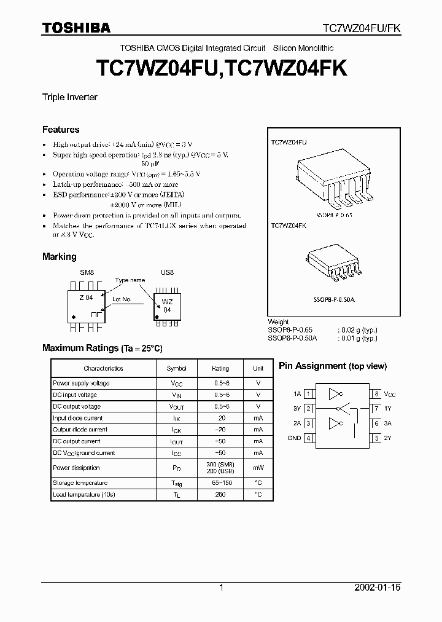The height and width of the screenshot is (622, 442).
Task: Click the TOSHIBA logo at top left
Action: [76, 27]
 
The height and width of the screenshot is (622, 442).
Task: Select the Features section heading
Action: [61, 130]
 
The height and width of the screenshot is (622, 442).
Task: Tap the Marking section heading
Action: [60, 256]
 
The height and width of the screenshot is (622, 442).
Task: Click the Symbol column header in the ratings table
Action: [176, 368]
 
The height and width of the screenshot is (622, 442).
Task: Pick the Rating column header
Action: [220, 368]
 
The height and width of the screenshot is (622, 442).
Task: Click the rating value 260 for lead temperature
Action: [220, 494]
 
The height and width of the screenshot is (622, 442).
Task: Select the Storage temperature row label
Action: [80, 483]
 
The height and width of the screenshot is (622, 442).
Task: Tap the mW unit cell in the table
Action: [258, 467]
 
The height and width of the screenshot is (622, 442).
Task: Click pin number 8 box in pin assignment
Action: [376, 393]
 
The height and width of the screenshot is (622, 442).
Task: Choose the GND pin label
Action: [294, 438]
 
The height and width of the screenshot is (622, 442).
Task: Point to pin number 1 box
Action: [309, 393]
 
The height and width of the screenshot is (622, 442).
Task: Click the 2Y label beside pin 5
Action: [388, 438]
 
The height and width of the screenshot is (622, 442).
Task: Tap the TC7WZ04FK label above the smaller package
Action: [289, 226]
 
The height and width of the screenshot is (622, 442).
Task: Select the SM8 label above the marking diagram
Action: [87, 271]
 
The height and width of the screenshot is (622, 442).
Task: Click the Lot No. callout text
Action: [122, 299]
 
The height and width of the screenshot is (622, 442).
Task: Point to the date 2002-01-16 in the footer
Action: [377, 588]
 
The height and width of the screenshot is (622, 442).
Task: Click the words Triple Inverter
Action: [69, 97]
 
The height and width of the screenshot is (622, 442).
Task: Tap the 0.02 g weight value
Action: [357, 330]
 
